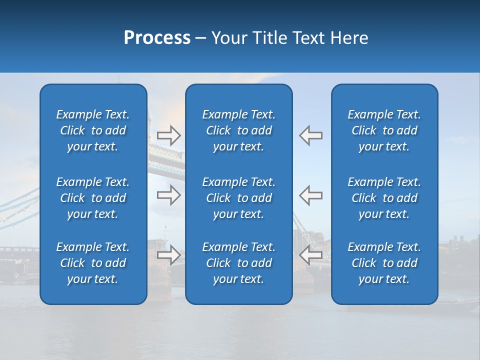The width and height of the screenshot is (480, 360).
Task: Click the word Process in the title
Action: tap(157, 38)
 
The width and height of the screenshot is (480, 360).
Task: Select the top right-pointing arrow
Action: tap(168, 135)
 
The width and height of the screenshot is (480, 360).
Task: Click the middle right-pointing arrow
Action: tap(168, 195)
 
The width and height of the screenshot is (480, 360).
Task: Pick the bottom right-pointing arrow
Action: tap(168, 255)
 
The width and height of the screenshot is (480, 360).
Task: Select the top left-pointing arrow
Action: tap(310, 135)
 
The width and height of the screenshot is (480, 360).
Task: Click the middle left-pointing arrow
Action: tap(310, 195)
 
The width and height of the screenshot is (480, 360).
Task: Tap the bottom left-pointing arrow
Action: tap(310, 255)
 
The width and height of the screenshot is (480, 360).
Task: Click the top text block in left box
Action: tap(93, 130)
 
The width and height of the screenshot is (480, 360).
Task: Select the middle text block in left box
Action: tap(93, 198)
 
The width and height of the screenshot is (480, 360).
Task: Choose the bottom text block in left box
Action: tap(93, 263)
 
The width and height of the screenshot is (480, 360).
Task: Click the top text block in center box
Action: tap(238, 130)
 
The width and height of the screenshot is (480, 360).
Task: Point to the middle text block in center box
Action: tap(238, 198)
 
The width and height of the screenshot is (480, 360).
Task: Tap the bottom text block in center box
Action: tap(238, 263)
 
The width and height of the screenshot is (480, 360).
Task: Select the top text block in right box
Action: tap(384, 130)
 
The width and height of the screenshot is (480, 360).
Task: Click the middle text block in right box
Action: tap(384, 198)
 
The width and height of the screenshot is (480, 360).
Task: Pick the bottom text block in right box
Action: tap(384, 263)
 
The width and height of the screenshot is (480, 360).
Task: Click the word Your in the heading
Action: tap(228, 38)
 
